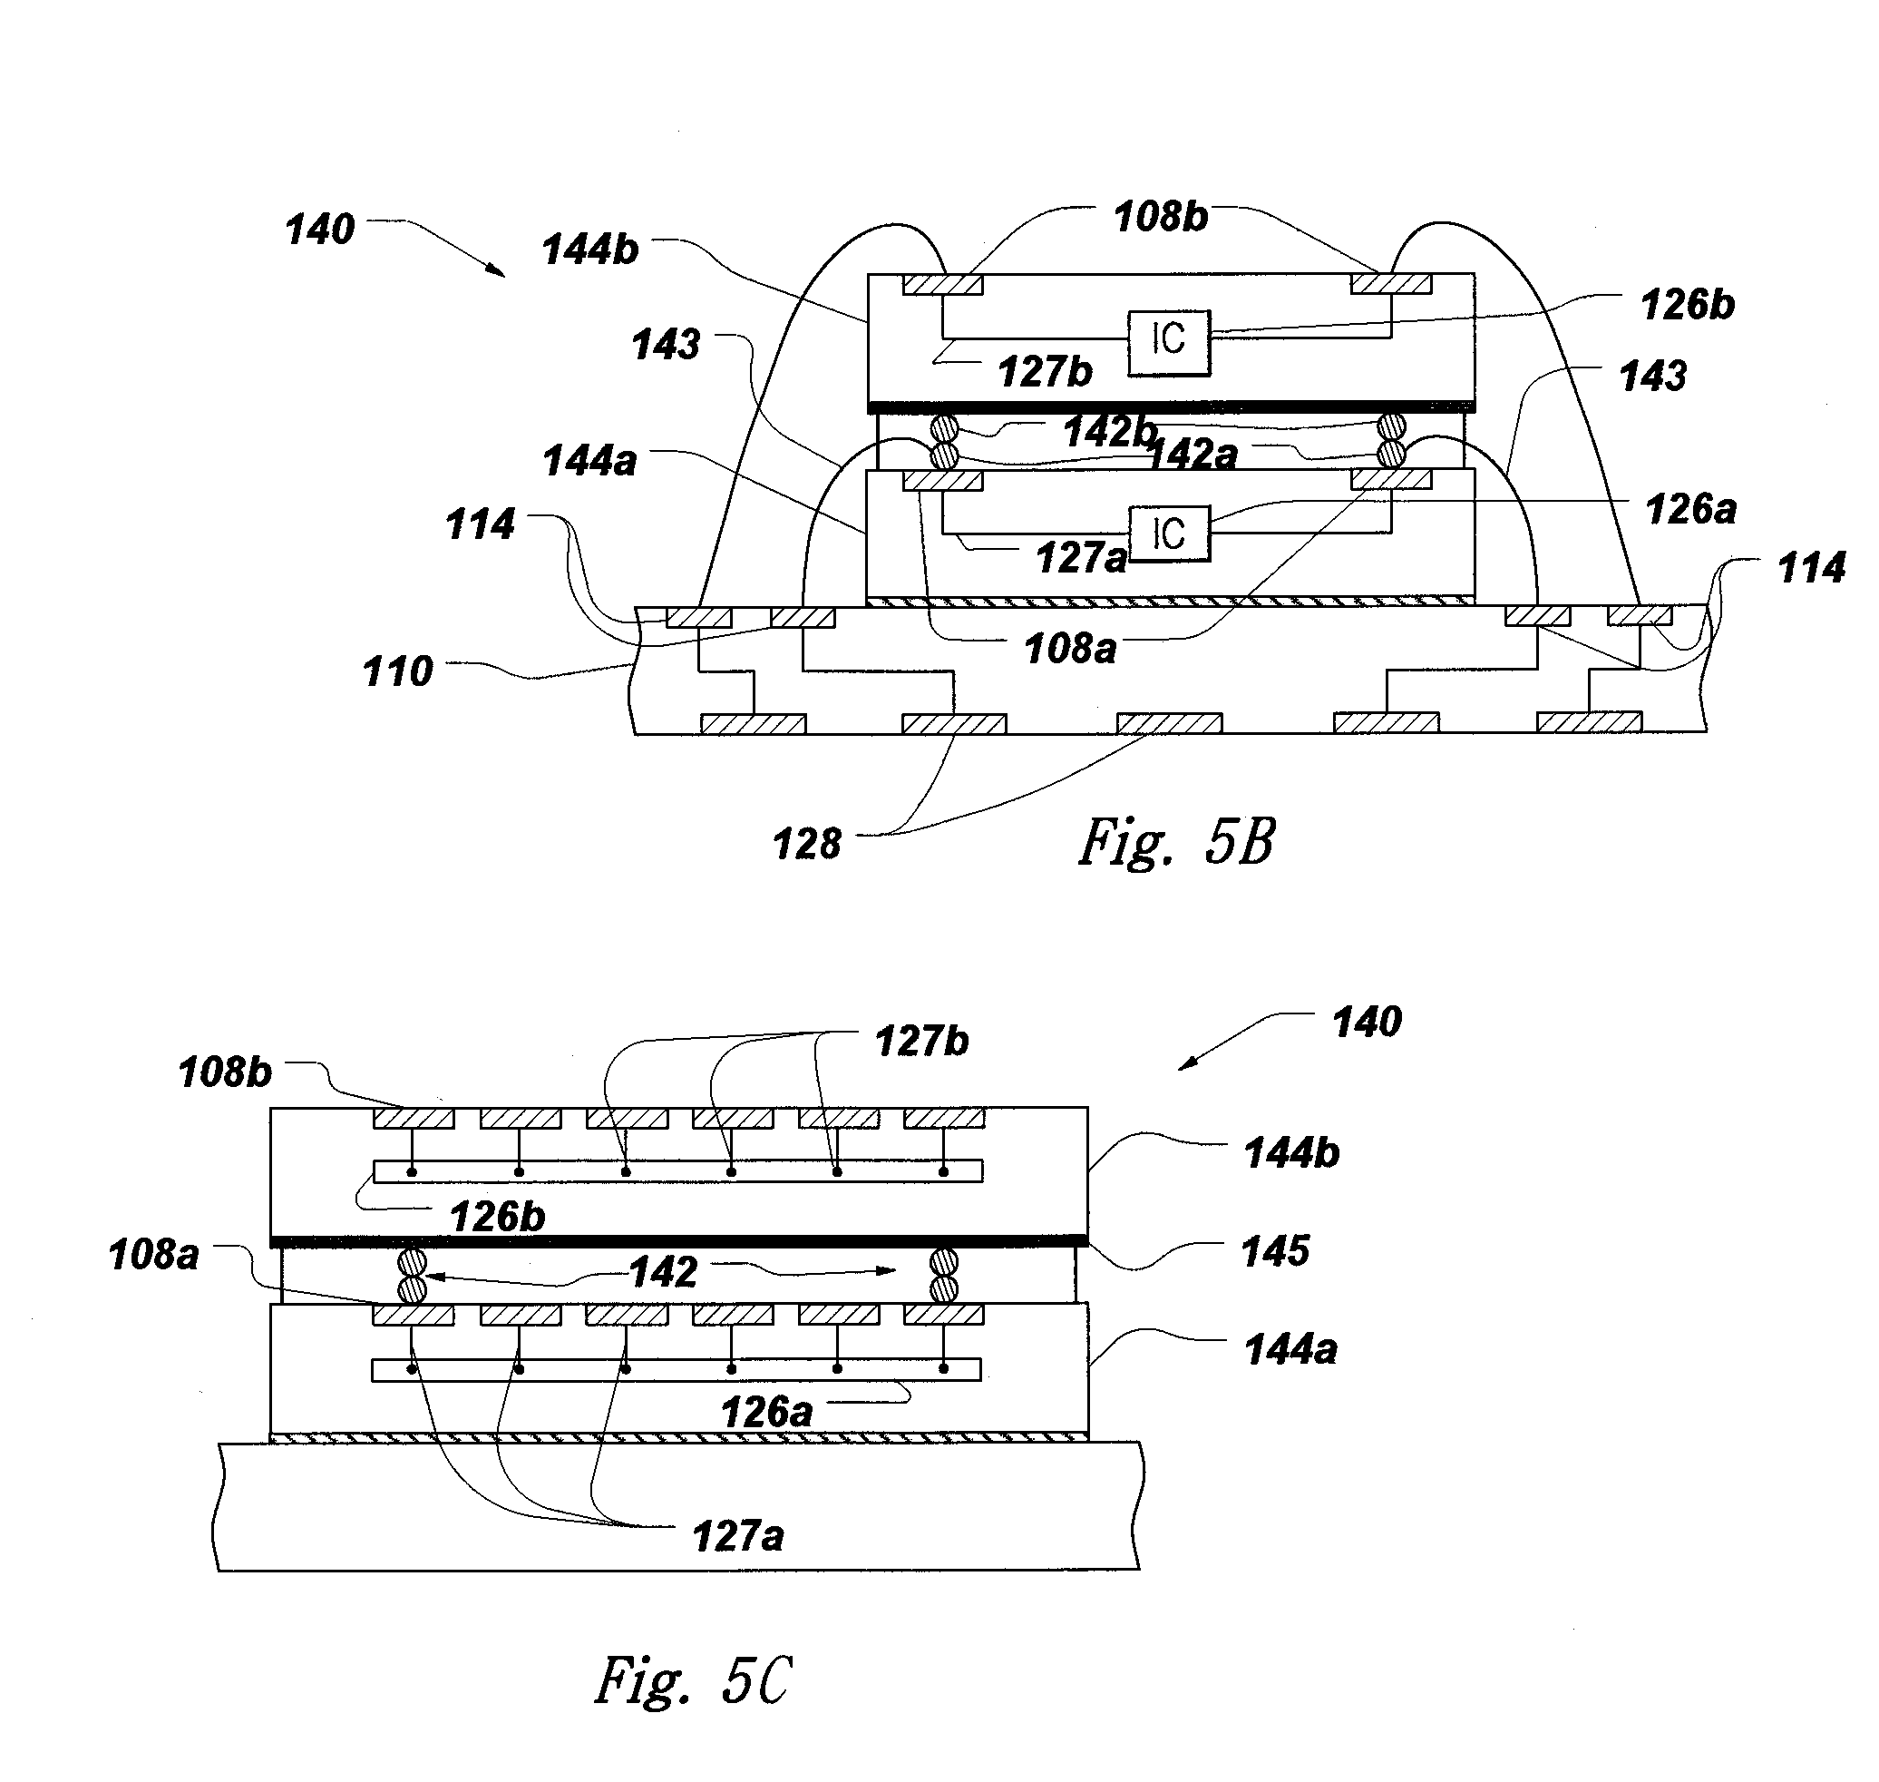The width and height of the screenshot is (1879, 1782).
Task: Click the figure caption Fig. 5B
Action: [1176, 842]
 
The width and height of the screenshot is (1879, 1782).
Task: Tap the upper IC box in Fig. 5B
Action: [1169, 342]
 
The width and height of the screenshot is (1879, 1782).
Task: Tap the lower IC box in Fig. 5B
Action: [1169, 534]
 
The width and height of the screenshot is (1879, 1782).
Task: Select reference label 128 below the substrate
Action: [806, 844]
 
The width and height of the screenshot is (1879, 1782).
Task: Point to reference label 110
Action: [398, 671]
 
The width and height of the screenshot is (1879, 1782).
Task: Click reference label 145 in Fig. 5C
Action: [1275, 1251]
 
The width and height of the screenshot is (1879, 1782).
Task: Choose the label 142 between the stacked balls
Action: [664, 1272]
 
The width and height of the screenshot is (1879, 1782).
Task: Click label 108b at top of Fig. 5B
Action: [1160, 218]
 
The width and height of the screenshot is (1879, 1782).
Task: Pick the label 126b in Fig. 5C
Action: [497, 1217]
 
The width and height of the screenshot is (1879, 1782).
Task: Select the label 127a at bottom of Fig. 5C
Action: [738, 1536]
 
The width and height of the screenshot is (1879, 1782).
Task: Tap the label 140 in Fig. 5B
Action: [320, 230]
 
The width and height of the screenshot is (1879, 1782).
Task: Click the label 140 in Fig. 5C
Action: [1367, 1022]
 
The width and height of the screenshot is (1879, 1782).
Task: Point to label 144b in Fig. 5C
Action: [1291, 1153]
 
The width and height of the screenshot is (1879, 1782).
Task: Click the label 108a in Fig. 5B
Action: [1070, 650]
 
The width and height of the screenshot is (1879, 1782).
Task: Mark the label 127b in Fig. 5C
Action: [921, 1041]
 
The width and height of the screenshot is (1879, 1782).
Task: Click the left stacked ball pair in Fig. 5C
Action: [412, 1276]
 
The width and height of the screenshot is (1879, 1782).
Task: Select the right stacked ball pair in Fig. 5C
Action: [943, 1276]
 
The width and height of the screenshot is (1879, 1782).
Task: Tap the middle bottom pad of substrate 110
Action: [1169, 724]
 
